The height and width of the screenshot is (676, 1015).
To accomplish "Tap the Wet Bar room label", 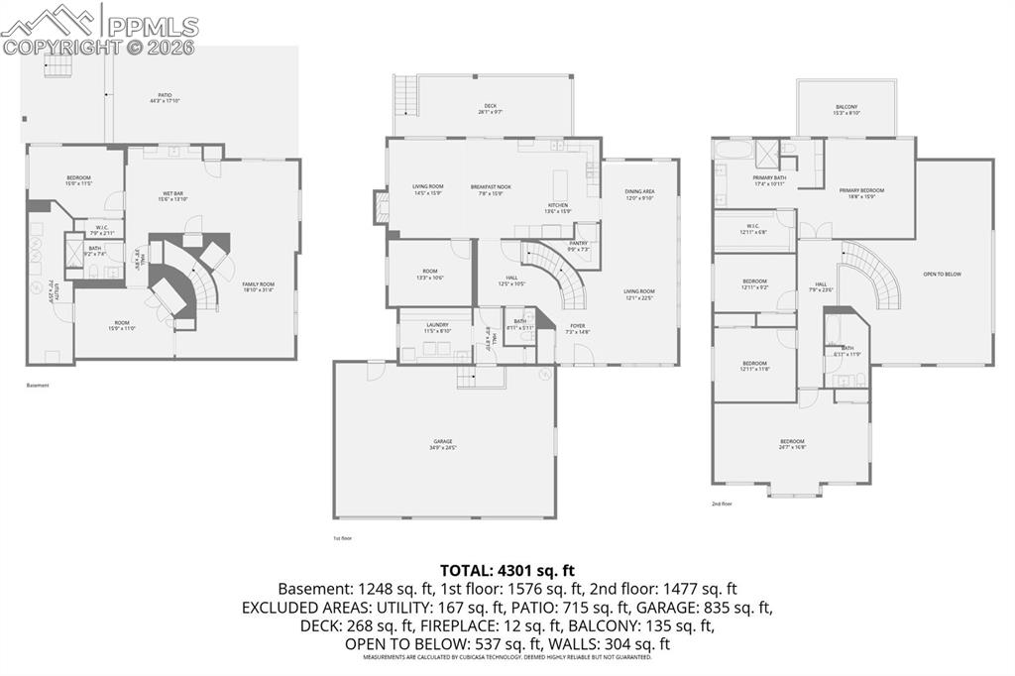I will [167, 196].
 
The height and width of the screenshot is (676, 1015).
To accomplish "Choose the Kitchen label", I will [558, 207].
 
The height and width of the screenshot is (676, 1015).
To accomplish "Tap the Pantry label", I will [579, 246].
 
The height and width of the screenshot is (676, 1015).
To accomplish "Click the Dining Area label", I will [639, 194].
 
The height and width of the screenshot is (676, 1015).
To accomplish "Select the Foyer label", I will [577, 329].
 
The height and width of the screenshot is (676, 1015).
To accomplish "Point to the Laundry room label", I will [437, 327].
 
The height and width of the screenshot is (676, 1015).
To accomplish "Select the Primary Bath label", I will [768, 180].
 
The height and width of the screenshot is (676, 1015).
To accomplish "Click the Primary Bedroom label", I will [861, 192].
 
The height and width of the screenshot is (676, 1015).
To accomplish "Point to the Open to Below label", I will [942, 275].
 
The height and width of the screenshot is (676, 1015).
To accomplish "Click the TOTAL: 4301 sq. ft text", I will [507, 570].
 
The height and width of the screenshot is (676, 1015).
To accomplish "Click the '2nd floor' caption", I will [722, 504].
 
